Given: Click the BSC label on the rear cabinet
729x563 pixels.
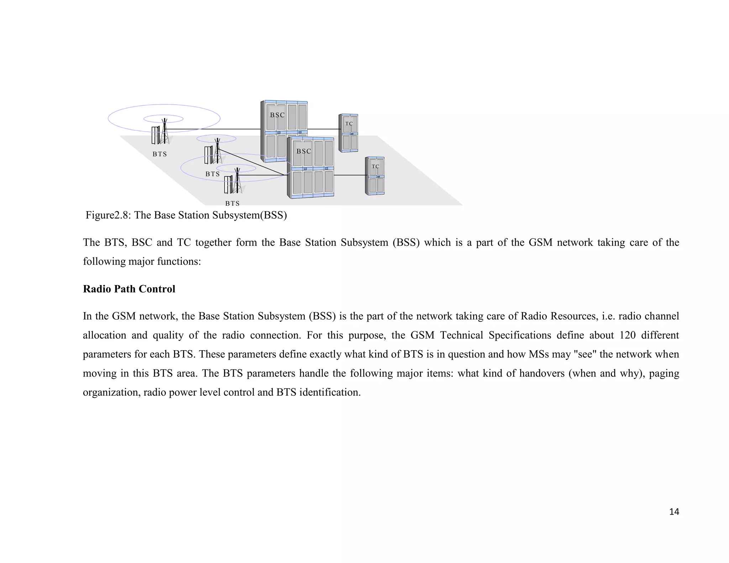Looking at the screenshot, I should pyautogui.click(x=277, y=115).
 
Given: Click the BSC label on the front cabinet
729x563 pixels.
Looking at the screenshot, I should pyautogui.click(x=304, y=151).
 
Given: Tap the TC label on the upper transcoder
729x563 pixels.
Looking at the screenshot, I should pyautogui.click(x=349, y=124).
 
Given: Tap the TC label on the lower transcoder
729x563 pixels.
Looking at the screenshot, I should pyautogui.click(x=375, y=167).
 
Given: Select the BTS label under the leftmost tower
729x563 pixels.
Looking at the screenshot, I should pyautogui.click(x=159, y=154).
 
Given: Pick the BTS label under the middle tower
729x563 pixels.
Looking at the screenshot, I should pyautogui.click(x=213, y=174).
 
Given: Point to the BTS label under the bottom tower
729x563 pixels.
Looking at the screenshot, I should pyautogui.click(x=232, y=203).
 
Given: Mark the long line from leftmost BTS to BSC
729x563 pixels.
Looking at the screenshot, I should pyautogui.click(x=214, y=129).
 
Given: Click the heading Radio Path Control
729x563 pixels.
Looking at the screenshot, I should pyautogui.click(x=129, y=289).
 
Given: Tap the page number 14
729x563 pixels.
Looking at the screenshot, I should pyautogui.click(x=674, y=512).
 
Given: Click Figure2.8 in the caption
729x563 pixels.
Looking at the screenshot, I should pyautogui.click(x=108, y=215).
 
